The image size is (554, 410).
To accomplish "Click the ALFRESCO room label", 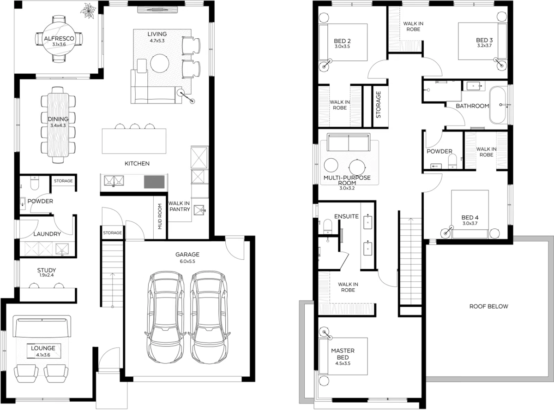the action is click(x=59, y=38).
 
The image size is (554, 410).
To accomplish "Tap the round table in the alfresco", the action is click(x=59, y=39).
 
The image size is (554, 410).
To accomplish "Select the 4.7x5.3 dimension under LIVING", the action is click(x=157, y=41).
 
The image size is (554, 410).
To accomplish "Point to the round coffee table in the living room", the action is click(x=160, y=63).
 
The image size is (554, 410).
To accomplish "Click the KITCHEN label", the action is click(x=137, y=163).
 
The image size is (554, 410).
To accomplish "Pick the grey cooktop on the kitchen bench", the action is click(x=154, y=182).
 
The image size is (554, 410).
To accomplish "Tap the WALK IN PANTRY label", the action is click(x=179, y=206).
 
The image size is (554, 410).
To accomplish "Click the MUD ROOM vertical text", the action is click(x=160, y=216).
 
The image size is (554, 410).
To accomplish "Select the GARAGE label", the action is click(x=187, y=254).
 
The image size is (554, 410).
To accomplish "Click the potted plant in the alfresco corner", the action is click(x=88, y=11).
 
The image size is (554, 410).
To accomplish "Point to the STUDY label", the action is click(x=47, y=270).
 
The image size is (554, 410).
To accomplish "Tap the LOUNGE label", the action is click(x=43, y=348).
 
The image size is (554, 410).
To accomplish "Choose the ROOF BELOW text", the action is click(x=489, y=306).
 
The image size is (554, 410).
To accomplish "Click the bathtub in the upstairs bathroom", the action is click(x=498, y=105).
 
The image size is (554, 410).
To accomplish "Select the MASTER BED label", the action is click(x=343, y=354).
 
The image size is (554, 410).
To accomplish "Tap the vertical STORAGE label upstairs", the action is click(x=378, y=105).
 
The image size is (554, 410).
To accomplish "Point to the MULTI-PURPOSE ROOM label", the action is click(x=347, y=180).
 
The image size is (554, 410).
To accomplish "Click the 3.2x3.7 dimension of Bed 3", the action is click(x=484, y=46).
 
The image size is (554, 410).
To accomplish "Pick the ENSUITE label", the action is click(x=346, y=216).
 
